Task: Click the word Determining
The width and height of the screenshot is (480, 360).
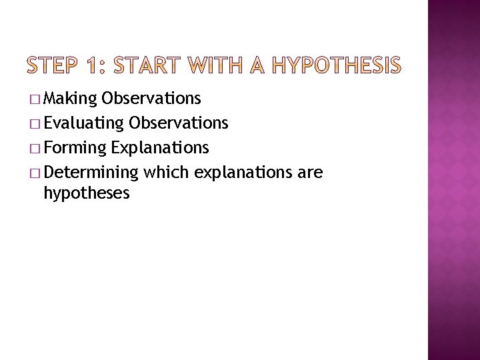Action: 90,173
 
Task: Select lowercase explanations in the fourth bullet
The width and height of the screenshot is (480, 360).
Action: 244,173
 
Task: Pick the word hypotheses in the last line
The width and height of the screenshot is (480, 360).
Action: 86,194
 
